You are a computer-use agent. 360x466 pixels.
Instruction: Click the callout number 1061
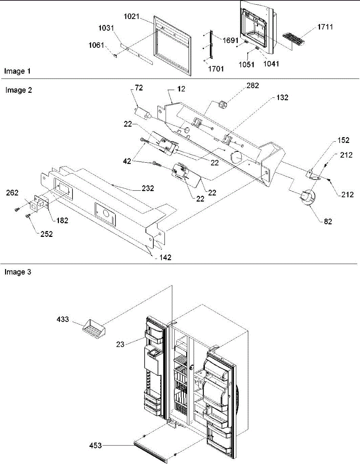(96, 45)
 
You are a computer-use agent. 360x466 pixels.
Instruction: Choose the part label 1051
(247, 64)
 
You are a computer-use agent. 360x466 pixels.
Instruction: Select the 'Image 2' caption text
(19, 90)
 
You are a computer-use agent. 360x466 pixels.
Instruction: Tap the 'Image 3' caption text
(17, 272)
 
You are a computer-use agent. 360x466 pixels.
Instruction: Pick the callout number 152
(343, 140)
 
